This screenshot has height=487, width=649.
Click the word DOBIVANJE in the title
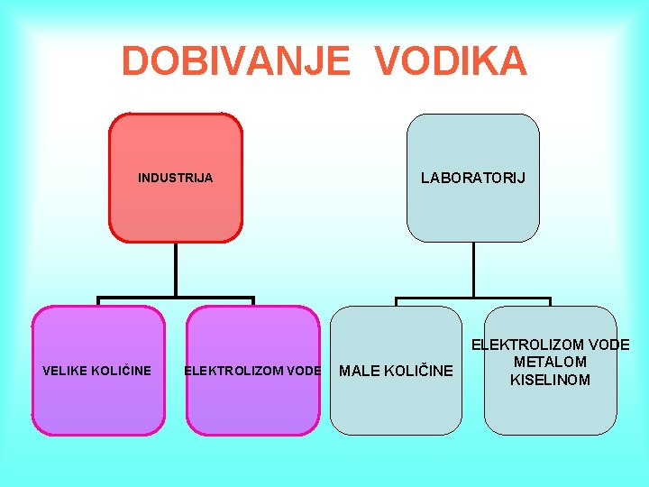point(234,61)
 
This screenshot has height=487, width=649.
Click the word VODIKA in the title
point(451,61)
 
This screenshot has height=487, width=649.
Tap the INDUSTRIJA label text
point(175,178)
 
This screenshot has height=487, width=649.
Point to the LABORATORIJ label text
point(472,178)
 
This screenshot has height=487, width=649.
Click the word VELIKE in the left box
point(69,371)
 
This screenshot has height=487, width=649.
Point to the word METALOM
point(550,362)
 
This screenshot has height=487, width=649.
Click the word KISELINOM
point(550,380)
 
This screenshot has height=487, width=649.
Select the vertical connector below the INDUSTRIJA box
point(176,270)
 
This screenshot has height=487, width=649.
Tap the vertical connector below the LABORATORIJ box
point(472,270)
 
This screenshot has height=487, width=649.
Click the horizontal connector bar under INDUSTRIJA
point(176,298)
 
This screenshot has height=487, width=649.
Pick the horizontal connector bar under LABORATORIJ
point(472,298)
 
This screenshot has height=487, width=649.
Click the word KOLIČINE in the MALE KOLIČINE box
point(418,371)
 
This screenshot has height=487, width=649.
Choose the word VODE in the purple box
point(304,371)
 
